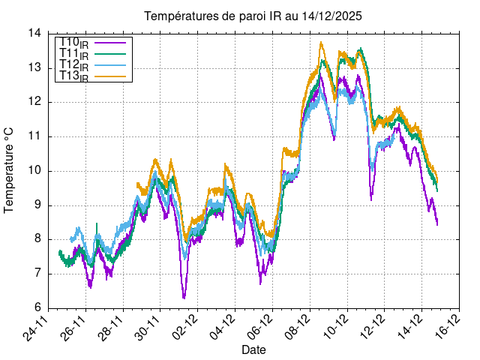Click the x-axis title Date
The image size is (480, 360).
tap(253, 349)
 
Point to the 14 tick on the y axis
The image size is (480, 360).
tap(35, 34)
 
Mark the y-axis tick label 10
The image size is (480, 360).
tap(35, 171)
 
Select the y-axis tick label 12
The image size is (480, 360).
tap(35, 102)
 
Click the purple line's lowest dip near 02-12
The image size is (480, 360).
tap(184, 298)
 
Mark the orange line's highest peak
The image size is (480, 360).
tap(322, 43)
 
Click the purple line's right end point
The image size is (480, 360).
tap(437, 224)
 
